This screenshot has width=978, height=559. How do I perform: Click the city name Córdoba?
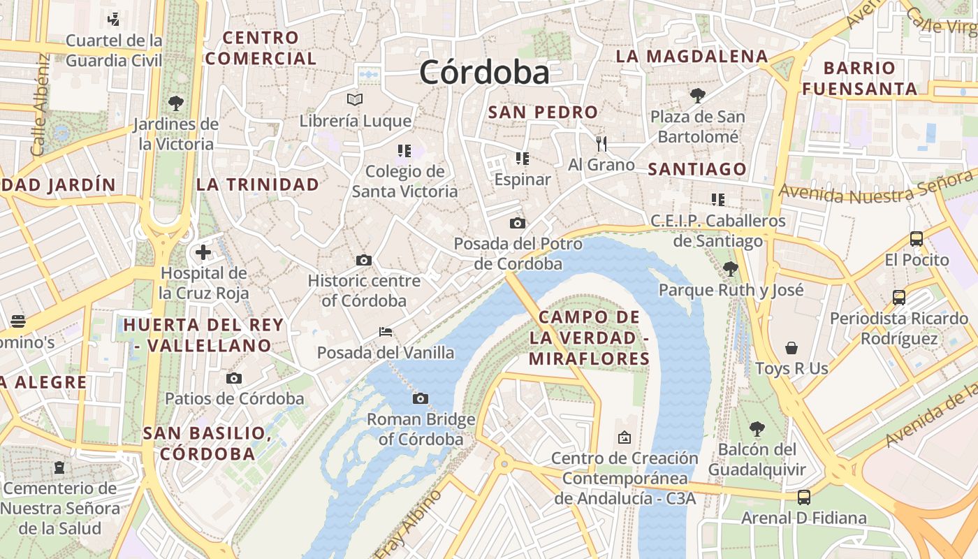click(484, 73)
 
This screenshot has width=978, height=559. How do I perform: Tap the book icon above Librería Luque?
click(355, 99)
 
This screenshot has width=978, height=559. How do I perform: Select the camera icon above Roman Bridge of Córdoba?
click(420, 398)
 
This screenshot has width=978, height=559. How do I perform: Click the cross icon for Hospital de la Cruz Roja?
click(203, 252)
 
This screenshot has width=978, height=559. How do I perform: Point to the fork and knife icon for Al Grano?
click(601, 143)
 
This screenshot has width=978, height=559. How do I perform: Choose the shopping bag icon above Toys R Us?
click(791, 347)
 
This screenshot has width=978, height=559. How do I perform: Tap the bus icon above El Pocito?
click(917, 238)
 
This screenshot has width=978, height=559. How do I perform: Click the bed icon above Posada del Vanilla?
click(385, 331)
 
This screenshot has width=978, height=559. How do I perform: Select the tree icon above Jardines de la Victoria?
click(176, 103)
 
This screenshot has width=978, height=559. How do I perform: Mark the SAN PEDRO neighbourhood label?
click(543, 112)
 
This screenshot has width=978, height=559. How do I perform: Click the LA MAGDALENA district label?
click(692, 57)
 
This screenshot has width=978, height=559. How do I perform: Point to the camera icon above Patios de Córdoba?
click(234, 378)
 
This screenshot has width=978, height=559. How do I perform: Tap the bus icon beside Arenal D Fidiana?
click(804, 497)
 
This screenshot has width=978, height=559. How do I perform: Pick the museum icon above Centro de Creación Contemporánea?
click(625, 437)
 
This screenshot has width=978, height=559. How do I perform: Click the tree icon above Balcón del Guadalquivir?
click(757, 428)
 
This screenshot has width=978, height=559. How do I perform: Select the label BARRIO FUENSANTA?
click(859, 78)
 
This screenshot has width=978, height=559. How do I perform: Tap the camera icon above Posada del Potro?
click(518, 223)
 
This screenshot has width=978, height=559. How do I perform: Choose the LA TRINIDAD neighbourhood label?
click(258, 184)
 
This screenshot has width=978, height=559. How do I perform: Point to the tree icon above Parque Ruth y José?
click(731, 268)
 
